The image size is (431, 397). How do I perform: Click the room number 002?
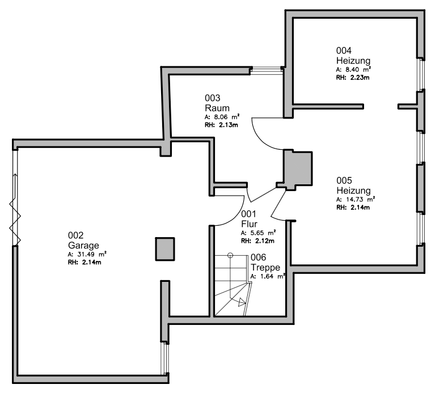tap(75, 235)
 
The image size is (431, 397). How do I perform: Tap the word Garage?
tap(83, 246)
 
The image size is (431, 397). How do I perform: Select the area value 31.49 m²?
tap(87, 255)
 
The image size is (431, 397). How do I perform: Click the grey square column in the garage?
tap(166, 248)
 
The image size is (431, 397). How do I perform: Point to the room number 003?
tap(213, 98)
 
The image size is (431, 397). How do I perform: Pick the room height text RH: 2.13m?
tap(221, 124)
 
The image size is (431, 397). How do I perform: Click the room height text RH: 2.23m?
tap(353, 77)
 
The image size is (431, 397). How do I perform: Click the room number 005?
tap(344, 180)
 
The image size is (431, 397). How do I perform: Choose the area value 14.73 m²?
tap(355, 200)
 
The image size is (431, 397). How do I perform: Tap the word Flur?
tap(250, 224)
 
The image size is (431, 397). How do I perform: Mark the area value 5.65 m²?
tap(259, 233)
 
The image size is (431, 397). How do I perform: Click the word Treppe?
tap(265, 267)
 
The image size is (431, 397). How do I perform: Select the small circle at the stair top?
tap(231, 256)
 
